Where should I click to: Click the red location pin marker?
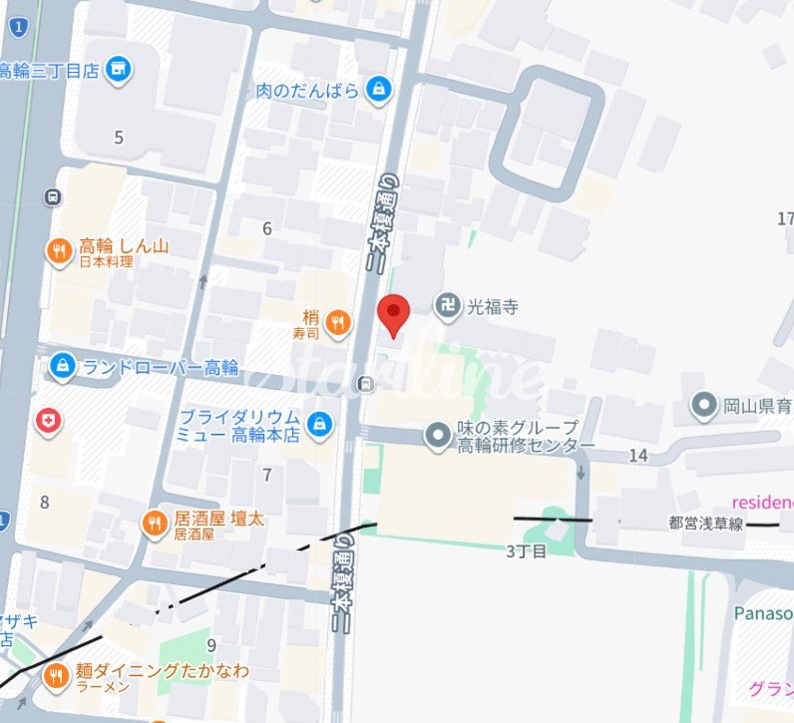(396, 314)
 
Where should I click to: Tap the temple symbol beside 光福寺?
(449, 305)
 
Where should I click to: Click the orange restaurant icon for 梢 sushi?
(339, 321)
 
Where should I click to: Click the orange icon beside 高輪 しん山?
(60, 251)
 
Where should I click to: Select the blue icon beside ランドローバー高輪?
(62, 366)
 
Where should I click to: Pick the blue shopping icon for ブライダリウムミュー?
(319, 424)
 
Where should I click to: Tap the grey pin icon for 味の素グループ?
(437, 435)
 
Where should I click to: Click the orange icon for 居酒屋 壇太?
(154, 524)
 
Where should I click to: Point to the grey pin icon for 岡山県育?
(706, 405)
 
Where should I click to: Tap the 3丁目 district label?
(527, 550)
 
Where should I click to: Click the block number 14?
(638, 456)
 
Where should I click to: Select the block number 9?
(211, 645)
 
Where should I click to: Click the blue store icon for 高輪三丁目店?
(120, 69)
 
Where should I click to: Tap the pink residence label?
(762, 501)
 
